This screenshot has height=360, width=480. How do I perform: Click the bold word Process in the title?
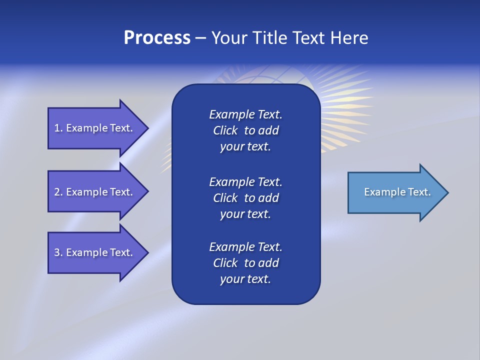(157, 38)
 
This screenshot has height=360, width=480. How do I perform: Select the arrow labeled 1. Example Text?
(93, 128)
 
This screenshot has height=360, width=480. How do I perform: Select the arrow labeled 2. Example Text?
(93, 192)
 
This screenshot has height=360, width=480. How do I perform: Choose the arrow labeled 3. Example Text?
(93, 252)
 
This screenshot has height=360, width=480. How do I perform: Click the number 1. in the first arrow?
(58, 128)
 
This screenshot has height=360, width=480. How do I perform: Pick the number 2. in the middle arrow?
(58, 192)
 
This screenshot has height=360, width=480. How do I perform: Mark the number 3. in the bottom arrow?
(58, 252)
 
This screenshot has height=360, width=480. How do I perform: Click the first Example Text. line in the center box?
(245, 114)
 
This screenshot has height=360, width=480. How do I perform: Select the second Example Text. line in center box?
(245, 181)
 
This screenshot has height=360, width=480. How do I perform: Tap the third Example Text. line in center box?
(245, 247)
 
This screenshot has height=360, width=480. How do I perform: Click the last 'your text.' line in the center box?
(245, 279)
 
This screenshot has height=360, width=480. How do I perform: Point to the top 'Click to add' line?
(245, 130)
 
